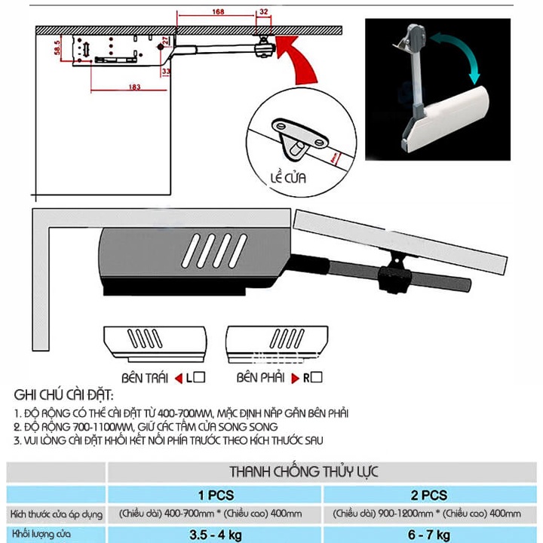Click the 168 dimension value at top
(217, 11)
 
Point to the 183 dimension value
(134, 88)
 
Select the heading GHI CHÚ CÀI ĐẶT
(64, 396)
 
